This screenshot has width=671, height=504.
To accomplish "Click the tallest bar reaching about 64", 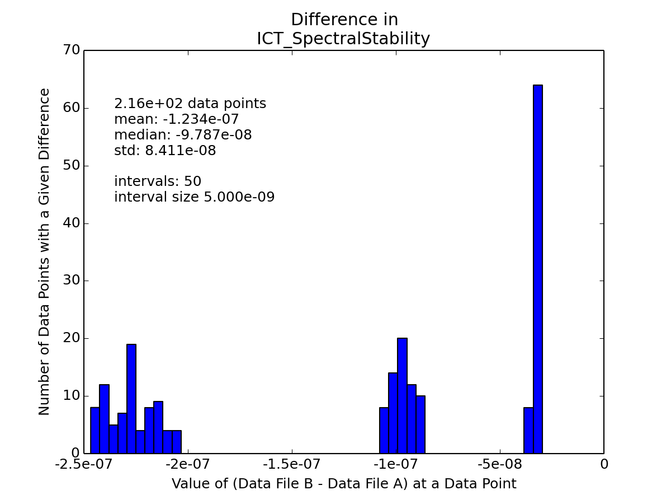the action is click(x=538, y=269).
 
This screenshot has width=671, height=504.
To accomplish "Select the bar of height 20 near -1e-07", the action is click(x=402, y=396).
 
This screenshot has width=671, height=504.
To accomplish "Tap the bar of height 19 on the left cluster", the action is click(x=131, y=399).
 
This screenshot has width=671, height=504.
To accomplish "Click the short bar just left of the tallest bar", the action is click(x=528, y=430).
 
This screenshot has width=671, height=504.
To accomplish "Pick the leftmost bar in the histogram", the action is click(x=95, y=430).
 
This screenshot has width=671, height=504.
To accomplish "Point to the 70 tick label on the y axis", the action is click(x=72, y=50).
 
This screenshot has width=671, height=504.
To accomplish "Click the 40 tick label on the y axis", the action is click(x=72, y=223).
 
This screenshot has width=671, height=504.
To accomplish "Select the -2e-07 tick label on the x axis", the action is click(x=188, y=464).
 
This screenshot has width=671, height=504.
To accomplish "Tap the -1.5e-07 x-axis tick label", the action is click(x=292, y=464).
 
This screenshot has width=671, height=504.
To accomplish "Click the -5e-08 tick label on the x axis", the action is click(x=500, y=464).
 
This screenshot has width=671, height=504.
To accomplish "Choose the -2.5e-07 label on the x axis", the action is click(x=84, y=464).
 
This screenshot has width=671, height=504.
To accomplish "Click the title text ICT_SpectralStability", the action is click(x=343, y=39).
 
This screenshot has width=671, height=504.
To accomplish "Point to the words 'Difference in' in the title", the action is click(x=344, y=20).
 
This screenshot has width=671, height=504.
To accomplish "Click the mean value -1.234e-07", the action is click(x=201, y=119).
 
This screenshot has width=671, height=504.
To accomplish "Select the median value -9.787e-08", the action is click(x=214, y=134).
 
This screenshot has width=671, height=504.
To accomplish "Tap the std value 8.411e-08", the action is click(x=181, y=150).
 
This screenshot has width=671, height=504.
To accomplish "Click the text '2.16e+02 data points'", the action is click(x=190, y=104).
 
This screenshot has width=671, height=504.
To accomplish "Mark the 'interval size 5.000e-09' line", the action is click(x=195, y=197).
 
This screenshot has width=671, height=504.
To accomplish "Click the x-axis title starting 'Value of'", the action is click(x=344, y=484).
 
